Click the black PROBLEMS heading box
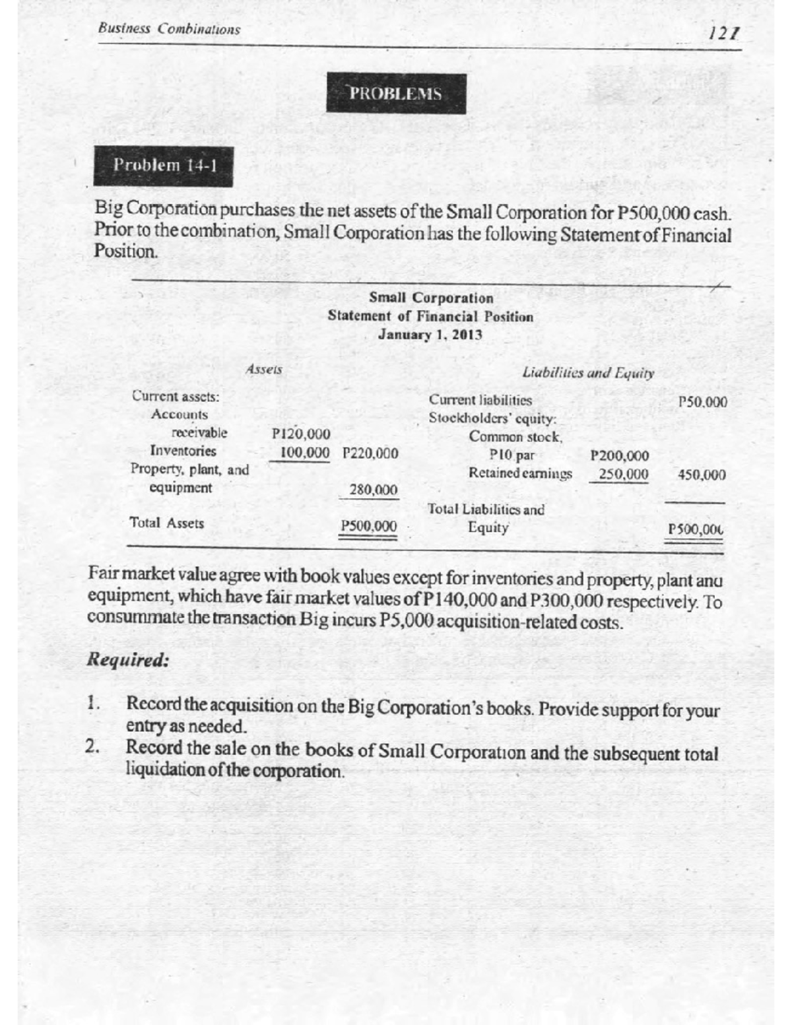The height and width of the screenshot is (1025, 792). click(396, 94)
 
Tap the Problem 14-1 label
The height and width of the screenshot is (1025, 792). click(164, 165)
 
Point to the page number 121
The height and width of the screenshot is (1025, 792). click(723, 31)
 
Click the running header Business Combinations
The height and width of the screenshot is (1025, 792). click(169, 29)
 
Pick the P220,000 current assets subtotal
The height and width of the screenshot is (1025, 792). click(371, 453)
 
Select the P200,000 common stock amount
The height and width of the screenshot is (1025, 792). click(620, 455)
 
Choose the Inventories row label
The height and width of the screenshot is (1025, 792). click(183, 451)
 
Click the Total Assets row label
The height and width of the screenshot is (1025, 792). click(167, 523)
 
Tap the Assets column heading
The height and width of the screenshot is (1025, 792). click(263, 370)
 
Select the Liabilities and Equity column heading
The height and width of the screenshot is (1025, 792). click(587, 373)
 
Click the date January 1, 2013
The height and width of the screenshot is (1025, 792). click(430, 335)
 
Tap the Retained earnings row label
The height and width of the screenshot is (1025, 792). click(520, 474)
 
